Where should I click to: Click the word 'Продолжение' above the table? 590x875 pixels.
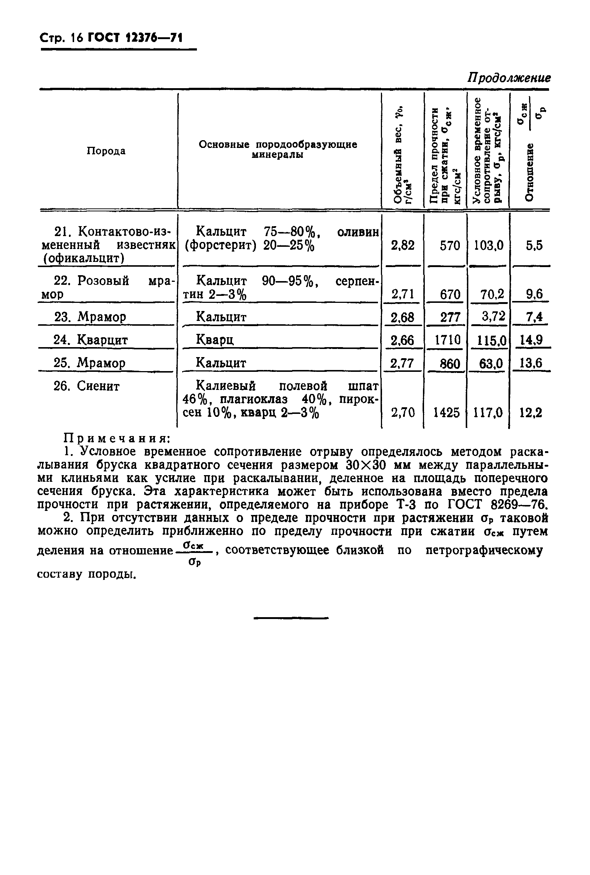click(x=509, y=78)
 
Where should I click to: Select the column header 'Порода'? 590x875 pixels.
click(x=106, y=151)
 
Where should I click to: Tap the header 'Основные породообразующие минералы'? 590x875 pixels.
click(x=278, y=149)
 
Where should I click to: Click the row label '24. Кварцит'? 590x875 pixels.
click(x=91, y=340)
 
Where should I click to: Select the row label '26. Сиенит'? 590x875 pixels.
click(x=87, y=386)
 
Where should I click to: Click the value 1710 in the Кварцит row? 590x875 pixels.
click(x=447, y=340)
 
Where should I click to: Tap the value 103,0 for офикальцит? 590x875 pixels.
click(x=488, y=246)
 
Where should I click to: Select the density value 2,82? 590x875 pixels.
click(x=402, y=246)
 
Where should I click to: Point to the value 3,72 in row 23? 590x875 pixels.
click(x=493, y=316)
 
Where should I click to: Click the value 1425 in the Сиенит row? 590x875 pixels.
click(x=446, y=413)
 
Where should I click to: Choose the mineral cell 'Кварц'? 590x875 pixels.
click(x=215, y=340)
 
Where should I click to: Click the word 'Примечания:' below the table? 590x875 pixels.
click(x=117, y=438)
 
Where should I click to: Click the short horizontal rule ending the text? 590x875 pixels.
click(x=291, y=618)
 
